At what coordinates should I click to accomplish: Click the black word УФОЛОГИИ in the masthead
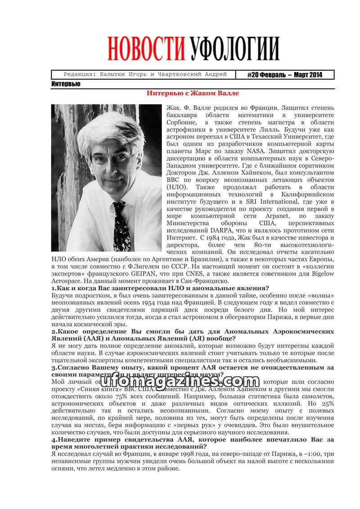234,49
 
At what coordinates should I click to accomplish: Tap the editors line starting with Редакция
145,75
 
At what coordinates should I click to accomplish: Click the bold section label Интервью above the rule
66,84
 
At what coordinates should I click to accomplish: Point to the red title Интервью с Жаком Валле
193,94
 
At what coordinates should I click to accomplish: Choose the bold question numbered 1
160,288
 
